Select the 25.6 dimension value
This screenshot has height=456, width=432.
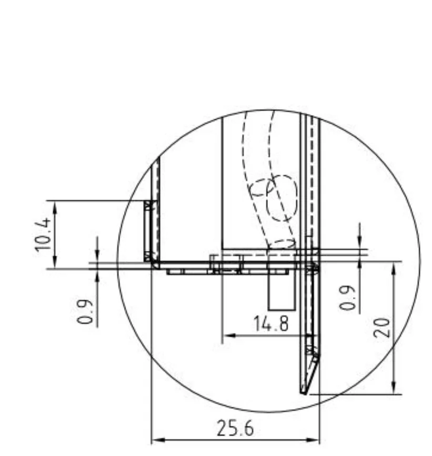(x=235, y=428)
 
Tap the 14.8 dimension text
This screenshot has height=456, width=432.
(x=272, y=323)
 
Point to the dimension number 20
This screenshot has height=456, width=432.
(x=381, y=328)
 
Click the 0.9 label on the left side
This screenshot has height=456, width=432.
(x=85, y=311)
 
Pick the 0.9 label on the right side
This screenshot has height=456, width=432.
(x=347, y=298)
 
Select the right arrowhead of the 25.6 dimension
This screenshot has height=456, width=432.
(x=313, y=440)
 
